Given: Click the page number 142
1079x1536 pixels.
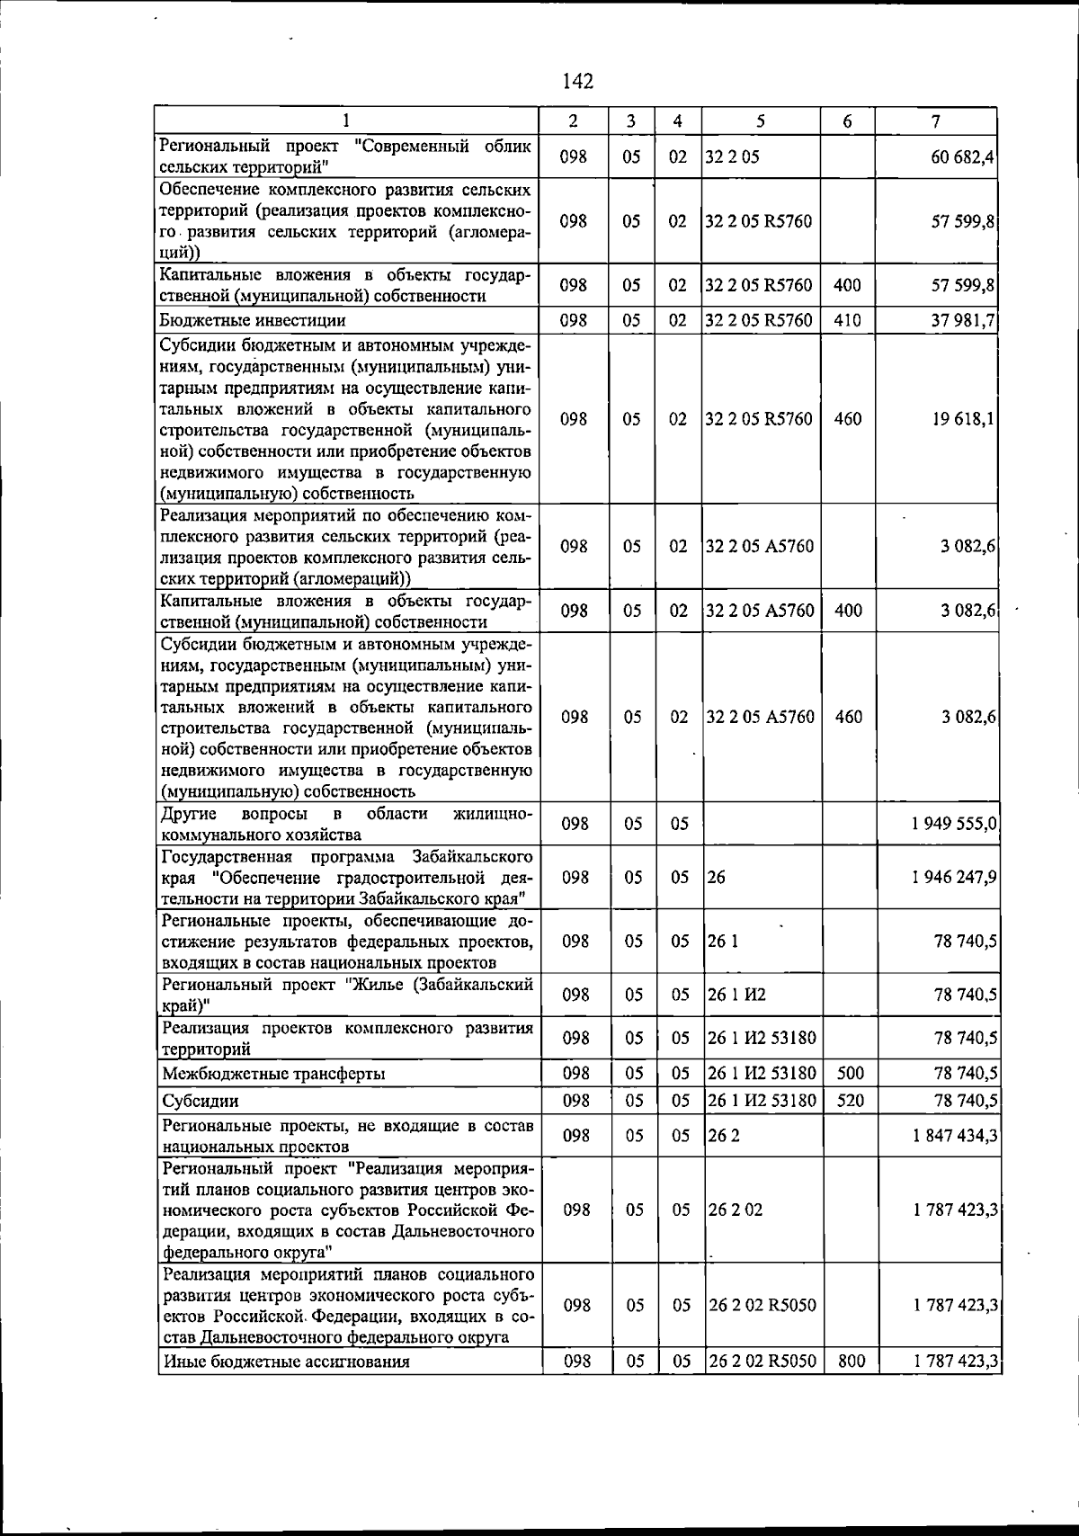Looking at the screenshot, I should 577,82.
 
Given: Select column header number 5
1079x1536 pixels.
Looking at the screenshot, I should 761,121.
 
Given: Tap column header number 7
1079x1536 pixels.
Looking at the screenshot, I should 936,121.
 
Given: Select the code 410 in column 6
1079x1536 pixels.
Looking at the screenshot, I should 847,320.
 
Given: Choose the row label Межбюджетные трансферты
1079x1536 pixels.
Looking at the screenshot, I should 274,1074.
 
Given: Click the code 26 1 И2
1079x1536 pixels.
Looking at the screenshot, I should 736,995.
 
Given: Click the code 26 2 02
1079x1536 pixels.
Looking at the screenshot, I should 735,1210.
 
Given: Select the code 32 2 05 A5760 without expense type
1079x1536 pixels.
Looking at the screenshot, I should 760,547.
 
